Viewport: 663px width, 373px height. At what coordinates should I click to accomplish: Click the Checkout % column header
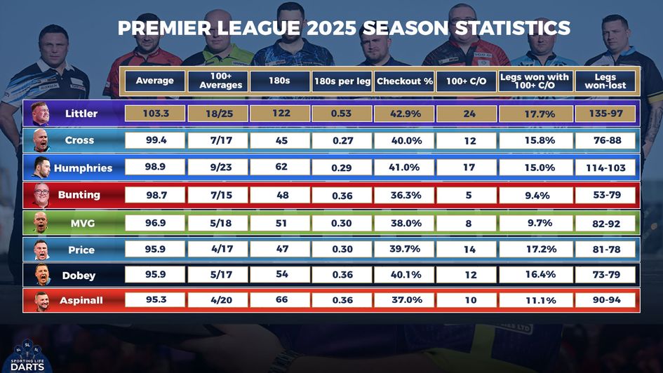404,81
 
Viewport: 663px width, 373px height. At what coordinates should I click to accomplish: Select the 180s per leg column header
342,81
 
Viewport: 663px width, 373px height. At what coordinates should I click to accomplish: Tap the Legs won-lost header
605,81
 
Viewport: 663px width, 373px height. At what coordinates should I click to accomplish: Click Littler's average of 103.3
155,113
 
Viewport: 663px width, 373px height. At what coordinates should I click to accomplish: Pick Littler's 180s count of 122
281,113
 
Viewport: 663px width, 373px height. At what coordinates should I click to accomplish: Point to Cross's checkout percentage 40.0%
404,140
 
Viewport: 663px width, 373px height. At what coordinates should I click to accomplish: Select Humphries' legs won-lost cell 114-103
605,168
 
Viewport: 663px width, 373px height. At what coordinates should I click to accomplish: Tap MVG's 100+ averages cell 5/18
217,222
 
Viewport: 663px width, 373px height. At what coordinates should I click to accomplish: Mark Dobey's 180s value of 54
281,274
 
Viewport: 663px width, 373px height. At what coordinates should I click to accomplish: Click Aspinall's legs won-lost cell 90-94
605,300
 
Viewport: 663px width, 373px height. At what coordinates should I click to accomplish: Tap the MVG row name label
82,223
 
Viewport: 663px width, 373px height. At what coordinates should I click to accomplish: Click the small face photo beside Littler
40,114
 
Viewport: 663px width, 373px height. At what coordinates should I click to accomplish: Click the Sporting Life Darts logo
27,355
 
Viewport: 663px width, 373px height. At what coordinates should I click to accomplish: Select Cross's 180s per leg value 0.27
342,141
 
